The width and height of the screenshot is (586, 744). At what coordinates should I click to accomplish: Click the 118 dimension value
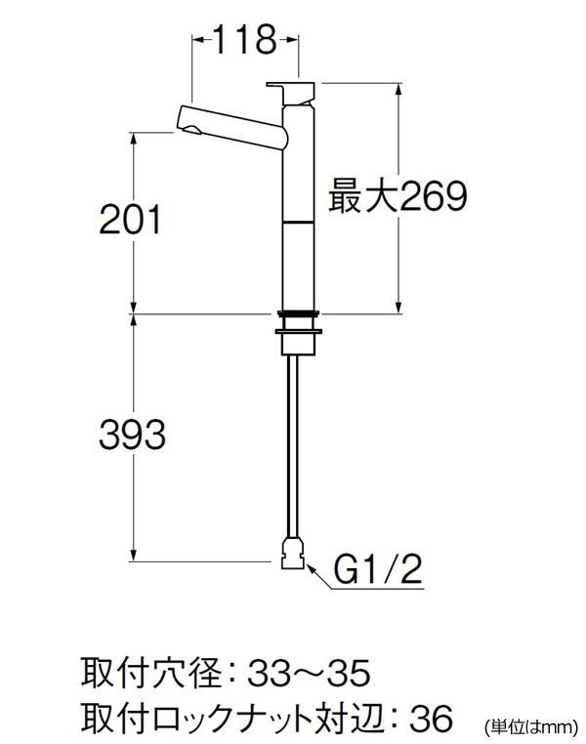click(245, 39)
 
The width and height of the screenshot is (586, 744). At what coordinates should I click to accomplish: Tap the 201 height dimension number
click(130, 220)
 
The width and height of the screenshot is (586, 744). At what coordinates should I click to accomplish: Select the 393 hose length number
click(132, 434)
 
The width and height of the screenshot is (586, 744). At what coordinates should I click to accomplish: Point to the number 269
click(434, 196)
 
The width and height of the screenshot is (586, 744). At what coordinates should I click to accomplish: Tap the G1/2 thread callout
click(377, 569)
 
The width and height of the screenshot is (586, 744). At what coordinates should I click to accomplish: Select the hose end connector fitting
click(293, 553)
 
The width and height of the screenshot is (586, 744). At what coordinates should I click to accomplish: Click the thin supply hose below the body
click(293, 446)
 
